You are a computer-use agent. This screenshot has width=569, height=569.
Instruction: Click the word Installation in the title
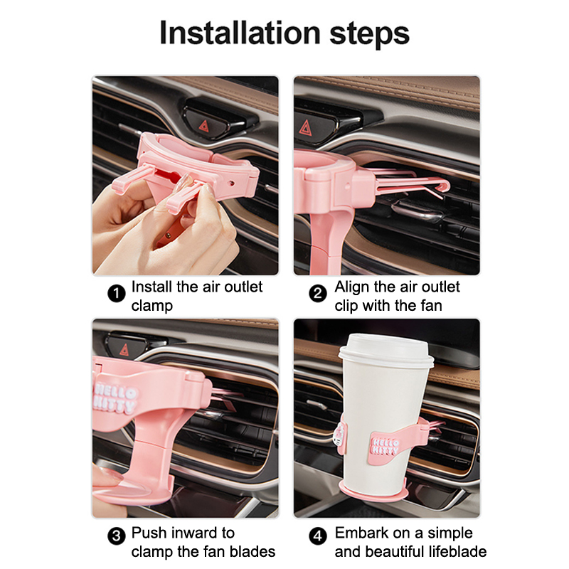pyautogui.click(x=240, y=33)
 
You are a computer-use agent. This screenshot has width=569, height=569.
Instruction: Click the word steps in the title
pyautogui.click(x=369, y=34)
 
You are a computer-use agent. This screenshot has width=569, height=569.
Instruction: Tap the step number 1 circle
pyautogui.click(x=117, y=293)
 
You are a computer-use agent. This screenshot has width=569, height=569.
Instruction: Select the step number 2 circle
pyautogui.click(x=318, y=293)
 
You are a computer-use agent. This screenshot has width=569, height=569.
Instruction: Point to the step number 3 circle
pyautogui.click(x=117, y=536)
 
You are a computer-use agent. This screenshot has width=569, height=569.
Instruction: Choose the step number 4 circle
pyautogui.click(x=318, y=536)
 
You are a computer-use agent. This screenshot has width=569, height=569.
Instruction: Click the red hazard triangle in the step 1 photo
pyautogui.click(x=203, y=127)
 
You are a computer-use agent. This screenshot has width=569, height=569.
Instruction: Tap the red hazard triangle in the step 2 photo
pyautogui.click(x=306, y=128)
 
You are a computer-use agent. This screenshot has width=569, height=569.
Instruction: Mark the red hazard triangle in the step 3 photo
pyautogui.click(x=124, y=349)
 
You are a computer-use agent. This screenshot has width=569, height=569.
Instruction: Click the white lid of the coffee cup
pyautogui.click(x=386, y=350)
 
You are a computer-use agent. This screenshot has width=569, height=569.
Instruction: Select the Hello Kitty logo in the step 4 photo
pyautogui.click(x=385, y=447)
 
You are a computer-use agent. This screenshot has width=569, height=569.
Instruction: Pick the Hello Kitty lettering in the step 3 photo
pyautogui.click(x=115, y=399)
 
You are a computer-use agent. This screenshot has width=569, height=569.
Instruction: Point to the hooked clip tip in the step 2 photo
pyautogui.click(x=445, y=186)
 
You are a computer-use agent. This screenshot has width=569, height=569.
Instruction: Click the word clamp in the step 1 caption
pyautogui.click(x=152, y=307)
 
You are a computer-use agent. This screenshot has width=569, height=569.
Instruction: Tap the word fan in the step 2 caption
pyautogui.click(x=431, y=306)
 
